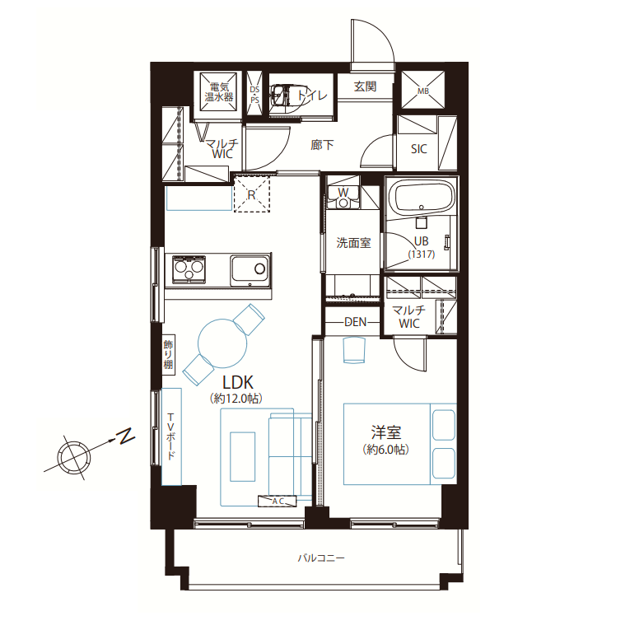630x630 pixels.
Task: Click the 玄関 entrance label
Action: (x=365, y=86)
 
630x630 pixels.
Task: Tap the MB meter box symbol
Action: (x=423, y=90)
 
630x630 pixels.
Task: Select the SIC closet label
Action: (x=418, y=149)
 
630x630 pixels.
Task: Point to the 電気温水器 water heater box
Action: (x=218, y=92)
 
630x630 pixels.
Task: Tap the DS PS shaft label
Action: (x=254, y=95)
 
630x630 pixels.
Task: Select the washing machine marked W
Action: (x=343, y=197)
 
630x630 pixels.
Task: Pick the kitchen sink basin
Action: (x=250, y=270)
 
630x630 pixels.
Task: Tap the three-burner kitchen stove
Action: (x=189, y=268)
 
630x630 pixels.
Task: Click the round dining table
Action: (x=222, y=343)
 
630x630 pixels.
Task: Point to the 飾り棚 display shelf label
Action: (x=168, y=354)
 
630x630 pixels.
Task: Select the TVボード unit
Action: (x=171, y=436)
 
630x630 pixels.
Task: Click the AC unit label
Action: (x=278, y=501)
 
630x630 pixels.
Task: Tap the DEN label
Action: (x=356, y=322)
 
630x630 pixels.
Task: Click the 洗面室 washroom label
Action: (x=353, y=243)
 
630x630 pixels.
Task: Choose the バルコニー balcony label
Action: (x=320, y=558)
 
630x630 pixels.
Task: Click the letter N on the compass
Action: (x=125, y=436)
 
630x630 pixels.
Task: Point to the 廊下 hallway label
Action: (x=322, y=145)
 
